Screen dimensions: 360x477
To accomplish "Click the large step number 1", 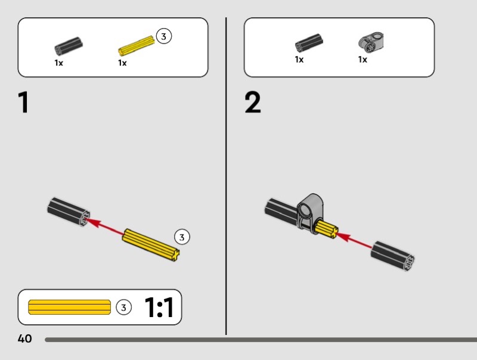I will tap(23, 103).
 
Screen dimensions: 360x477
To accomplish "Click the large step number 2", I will tap(253, 103).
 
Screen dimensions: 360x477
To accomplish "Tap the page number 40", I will tap(24, 339).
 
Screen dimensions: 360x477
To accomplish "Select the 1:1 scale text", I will tap(159, 308).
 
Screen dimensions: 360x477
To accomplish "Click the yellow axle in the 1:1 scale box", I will tap(69, 307).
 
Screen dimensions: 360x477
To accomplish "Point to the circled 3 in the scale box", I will tap(123, 308).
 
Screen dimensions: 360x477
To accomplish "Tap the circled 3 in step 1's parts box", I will tap(163, 36).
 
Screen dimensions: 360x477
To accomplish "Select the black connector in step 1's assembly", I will tap(69, 211).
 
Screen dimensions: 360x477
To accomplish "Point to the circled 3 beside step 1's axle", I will tap(182, 237).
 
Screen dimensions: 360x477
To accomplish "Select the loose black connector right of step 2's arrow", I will tap(392, 256).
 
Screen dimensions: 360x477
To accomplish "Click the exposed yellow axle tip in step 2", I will tap(329, 229).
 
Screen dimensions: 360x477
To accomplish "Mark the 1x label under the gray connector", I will tap(363, 60).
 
